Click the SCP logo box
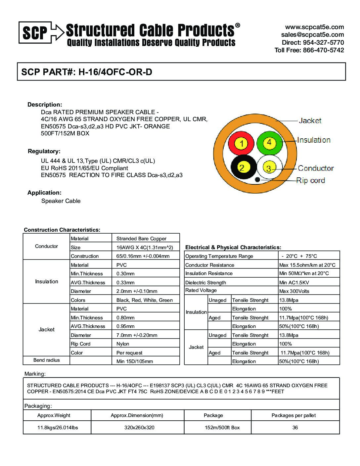35,32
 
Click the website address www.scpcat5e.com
314,27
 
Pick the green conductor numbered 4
269,142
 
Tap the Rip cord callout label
310,181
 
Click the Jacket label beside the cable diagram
310,121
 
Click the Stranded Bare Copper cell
141,239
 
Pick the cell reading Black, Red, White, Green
145,300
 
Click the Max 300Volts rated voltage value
294,291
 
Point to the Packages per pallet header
293,415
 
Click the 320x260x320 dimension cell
139,428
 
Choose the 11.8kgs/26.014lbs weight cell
58,428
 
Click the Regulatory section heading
44,152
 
